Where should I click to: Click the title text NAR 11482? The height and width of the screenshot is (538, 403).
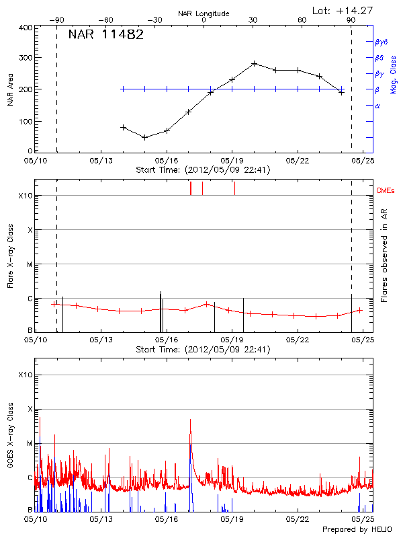click(x=105, y=35)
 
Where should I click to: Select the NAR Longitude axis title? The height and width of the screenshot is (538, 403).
click(x=204, y=13)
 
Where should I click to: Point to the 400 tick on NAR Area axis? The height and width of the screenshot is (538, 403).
click(x=25, y=28)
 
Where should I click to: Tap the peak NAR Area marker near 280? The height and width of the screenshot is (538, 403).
click(x=254, y=63)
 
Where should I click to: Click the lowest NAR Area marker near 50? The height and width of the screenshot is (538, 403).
click(x=144, y=137)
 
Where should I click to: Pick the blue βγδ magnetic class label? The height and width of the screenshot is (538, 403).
click(x=382, y=42)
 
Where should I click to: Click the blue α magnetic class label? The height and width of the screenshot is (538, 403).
click(x=377, y=106)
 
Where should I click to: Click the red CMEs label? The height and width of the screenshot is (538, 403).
click(x=386, y=190)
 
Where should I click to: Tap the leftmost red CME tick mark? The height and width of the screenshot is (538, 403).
click(x=191, y=188)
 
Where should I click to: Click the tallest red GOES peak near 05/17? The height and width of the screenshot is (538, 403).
click(x=190, y=420)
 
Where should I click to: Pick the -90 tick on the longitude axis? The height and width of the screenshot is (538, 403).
click(x=59, y=20)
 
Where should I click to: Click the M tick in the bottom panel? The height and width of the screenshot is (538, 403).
click(x=29, y=443)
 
